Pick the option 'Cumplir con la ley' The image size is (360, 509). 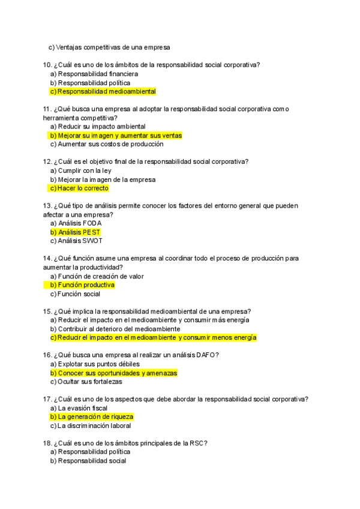click(85, 170)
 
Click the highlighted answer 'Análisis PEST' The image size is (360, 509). click(79, 232)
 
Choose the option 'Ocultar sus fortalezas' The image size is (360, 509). click(89, 381)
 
